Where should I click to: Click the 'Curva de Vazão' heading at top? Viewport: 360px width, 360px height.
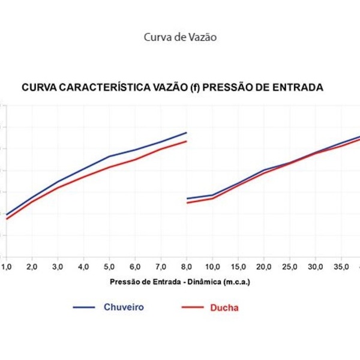[180, 37]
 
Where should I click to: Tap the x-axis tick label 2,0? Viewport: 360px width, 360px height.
[32, 266]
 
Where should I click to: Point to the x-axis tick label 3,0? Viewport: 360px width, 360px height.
[58, 266]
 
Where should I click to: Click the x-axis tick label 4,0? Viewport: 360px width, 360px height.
[83, 266]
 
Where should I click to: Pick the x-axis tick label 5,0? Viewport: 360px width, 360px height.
[109, 266]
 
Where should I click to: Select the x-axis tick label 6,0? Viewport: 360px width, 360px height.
[135, 266]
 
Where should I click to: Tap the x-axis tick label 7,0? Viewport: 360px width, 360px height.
[161, 266]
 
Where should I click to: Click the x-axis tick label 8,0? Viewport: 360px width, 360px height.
[187, 266]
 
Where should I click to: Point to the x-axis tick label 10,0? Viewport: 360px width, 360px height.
[212, 266]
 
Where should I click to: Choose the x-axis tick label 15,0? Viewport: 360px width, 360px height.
[238, 266]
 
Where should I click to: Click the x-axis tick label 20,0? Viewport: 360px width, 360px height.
[264, 266]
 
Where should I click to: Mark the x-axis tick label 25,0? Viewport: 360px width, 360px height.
[290, 266]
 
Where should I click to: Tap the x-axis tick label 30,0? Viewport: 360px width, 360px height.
[316, 266]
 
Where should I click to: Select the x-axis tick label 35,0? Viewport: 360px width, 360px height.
[341, 266]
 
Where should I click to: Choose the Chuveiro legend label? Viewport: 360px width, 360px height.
[124, 307]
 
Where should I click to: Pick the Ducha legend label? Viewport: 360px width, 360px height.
[224, 308]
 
